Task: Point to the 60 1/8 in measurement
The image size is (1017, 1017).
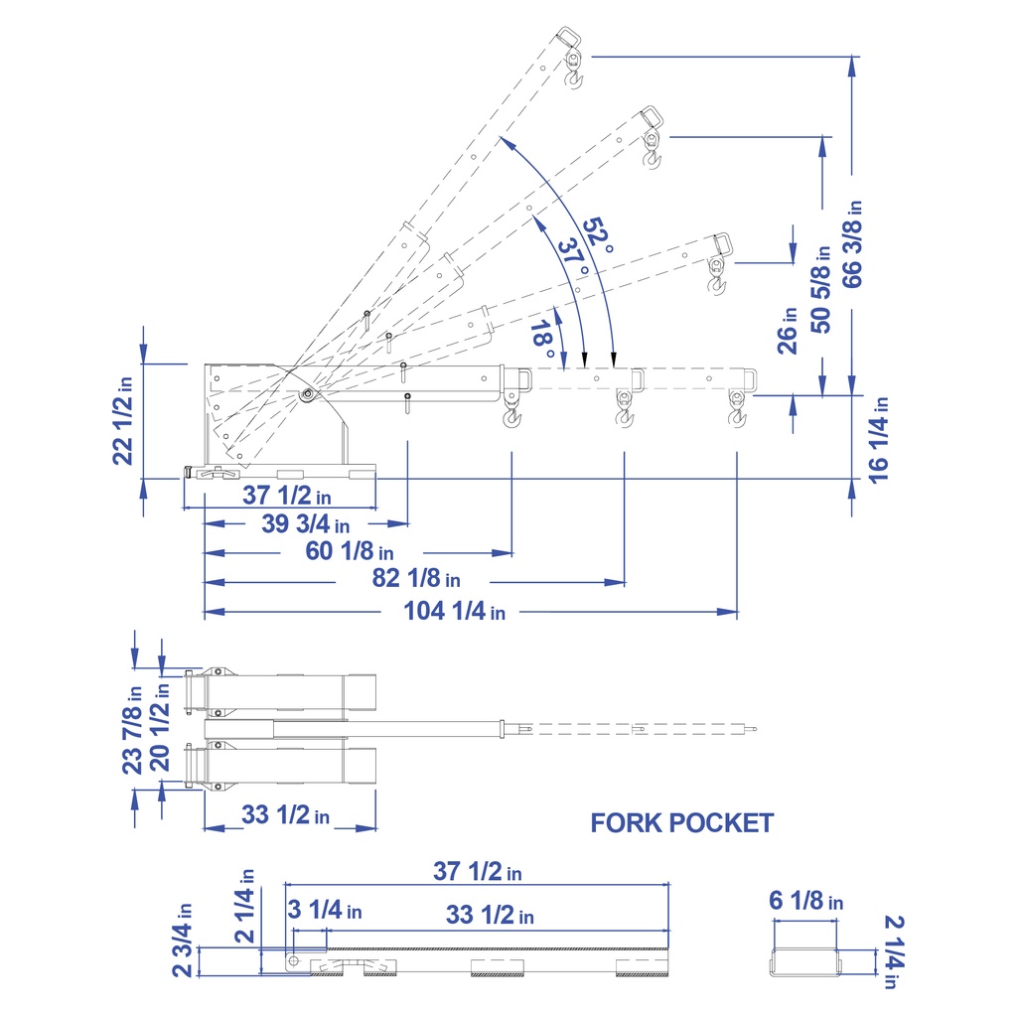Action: (x=350, y=551)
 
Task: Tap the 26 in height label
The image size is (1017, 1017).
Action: (x=789, y=330)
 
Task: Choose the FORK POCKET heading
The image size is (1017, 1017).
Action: (x=681, y=822)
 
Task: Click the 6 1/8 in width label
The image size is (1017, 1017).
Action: (x=805, y=901)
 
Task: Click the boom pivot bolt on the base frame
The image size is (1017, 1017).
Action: (x=307, y=394)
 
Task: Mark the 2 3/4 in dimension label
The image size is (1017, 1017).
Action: (x=183, y=940)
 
